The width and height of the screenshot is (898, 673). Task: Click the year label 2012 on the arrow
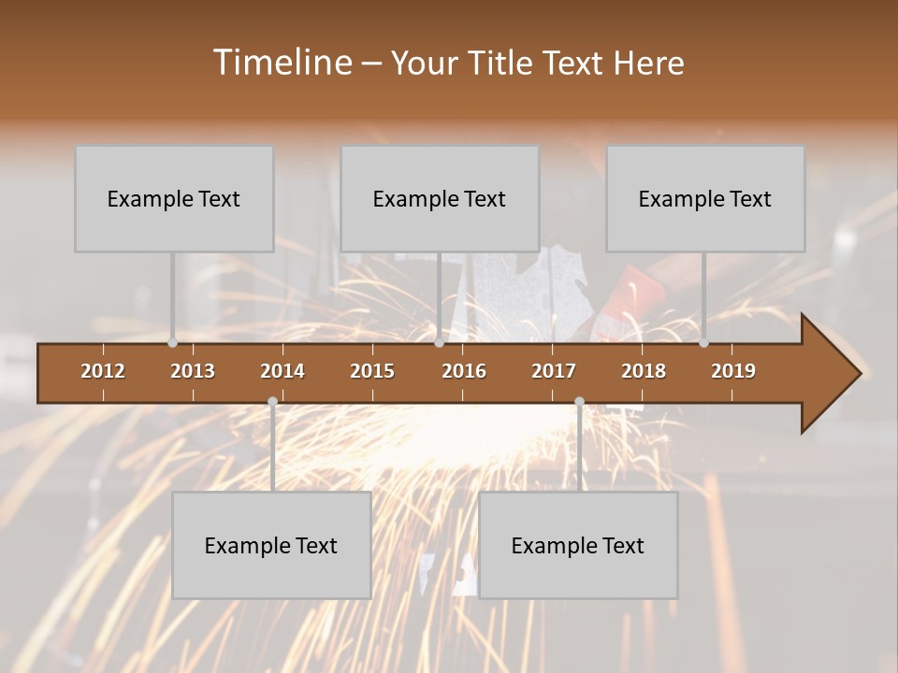coord(103,371)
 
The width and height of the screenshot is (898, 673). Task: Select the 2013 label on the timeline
coord(193,371)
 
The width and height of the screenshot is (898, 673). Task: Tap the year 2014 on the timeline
coord(282,371)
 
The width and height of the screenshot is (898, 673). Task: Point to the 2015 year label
coord(372,371)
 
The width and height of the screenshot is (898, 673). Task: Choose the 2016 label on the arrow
coord(464,371)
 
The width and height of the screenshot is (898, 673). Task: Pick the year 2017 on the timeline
coord(554,371)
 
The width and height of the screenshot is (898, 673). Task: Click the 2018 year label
coord(644,371)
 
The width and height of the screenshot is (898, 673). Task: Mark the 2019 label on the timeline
coord(733,371)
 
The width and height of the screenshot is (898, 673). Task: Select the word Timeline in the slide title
coord(281,63)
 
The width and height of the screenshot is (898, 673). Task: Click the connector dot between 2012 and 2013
coord(172,343)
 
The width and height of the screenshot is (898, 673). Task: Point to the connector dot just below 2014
coord(272,402)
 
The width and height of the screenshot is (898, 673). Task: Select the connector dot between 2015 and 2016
coord(439,343)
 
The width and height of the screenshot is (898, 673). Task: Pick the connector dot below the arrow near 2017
coord(579,402)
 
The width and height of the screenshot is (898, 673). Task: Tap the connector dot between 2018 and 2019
coord(703,343)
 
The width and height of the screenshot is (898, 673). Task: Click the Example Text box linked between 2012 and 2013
coord(174,198)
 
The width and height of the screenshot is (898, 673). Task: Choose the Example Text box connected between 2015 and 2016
coord(440,198)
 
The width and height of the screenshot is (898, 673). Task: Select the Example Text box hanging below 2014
coord(271,545)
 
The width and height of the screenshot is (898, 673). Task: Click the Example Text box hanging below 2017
coord(578,545)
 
